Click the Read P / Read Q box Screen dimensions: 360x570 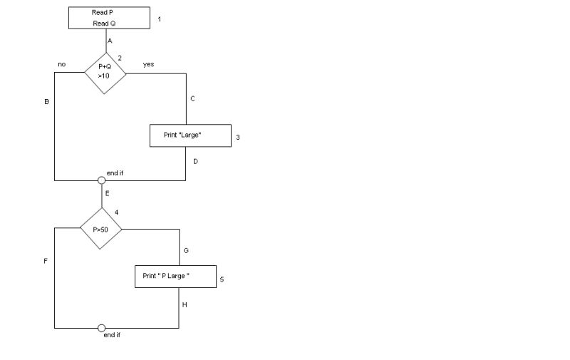[109, 18]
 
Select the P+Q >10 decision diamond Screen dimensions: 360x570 [105, 72]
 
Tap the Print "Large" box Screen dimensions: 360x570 [190, 135]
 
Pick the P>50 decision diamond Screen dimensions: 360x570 [100, 229]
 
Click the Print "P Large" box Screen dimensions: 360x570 [175, 276]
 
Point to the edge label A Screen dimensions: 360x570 [110, 41]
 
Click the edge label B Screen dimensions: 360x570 [46, 102]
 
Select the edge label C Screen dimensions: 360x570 [192, 98]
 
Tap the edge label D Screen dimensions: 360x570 [195, 161]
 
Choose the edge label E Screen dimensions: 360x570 [108, 193]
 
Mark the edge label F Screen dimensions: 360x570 [46, 261]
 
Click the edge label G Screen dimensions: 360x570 [186, 251]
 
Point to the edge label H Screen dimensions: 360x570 [185, 304]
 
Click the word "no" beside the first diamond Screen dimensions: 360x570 [62, 64]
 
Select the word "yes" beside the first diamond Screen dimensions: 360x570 [148, 64]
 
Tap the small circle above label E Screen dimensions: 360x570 [101, 180]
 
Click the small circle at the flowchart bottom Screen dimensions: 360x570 [101, 329]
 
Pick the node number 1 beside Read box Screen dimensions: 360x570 [159, 19]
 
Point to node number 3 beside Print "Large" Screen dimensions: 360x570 [238, 137]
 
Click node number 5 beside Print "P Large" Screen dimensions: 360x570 [222, 279]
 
